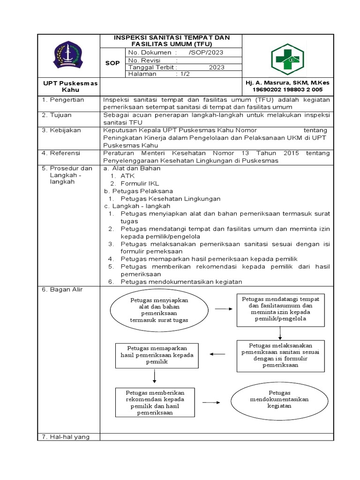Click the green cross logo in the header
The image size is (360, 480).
288,60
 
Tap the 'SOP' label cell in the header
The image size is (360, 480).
112,63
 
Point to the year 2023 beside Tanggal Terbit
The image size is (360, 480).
217,67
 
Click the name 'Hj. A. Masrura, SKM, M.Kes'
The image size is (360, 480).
287,82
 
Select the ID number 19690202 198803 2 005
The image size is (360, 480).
287,89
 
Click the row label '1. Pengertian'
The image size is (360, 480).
63,100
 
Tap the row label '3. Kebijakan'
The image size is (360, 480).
62,130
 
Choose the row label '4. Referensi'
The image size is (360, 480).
61,153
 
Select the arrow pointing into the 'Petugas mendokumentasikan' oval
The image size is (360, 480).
211,402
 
